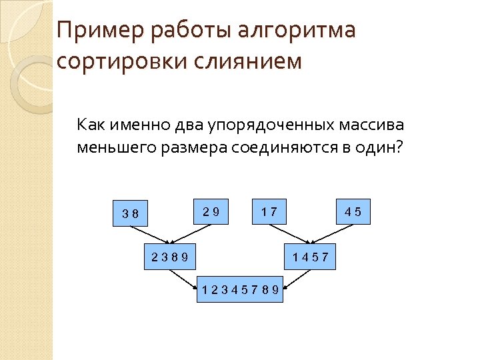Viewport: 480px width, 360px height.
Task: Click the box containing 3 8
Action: click(x=130, y=213)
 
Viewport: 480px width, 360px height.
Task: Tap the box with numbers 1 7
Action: click(x=270, y=212)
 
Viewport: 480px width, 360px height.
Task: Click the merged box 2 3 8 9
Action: click(x=169, y=257)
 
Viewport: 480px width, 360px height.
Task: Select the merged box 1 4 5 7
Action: click(x=311, y=257)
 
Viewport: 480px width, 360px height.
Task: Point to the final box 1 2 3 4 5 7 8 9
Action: click(x=240, y=290)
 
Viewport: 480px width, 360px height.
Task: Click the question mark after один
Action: click(x=399, y=147)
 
